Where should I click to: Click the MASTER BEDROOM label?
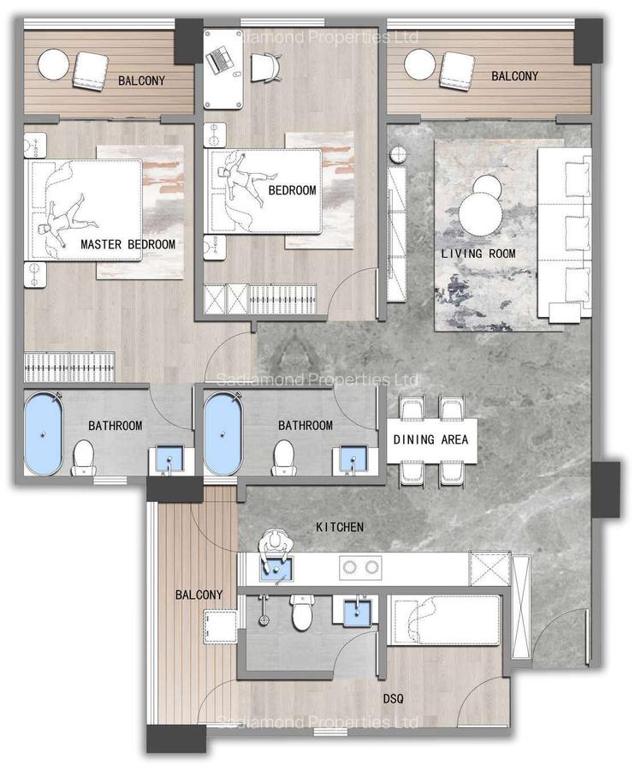(128, 244)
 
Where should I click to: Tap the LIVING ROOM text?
(478, 254)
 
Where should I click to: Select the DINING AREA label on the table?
(430, 440)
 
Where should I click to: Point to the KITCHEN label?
(340, 527)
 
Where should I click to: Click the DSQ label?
(395, 698)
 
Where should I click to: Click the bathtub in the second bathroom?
(224, 433)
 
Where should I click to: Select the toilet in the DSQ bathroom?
(301, 612)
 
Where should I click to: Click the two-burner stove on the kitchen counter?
(360, 566)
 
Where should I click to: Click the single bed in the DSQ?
(445, 621)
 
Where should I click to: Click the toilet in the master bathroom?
(84, 456)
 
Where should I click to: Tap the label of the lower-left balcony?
(199, 595)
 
